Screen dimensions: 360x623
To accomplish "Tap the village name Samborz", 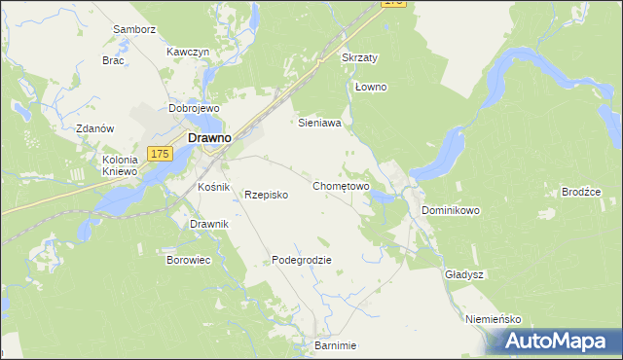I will pos(134,29).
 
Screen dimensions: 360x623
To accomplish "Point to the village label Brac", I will pos(114,59).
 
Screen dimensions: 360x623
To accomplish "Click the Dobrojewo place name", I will pos(193,109).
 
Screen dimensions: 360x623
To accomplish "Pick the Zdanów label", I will pos(95,128).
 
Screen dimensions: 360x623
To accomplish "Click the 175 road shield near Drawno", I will pos(162,153).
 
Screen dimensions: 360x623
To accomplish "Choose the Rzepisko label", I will pos(266,195).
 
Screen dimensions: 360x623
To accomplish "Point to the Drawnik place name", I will pos(209,224).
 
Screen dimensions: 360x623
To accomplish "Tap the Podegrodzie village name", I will pos(302,260).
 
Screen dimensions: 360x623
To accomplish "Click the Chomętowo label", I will pos(341,185).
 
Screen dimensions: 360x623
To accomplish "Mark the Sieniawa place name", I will pos(318,124).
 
